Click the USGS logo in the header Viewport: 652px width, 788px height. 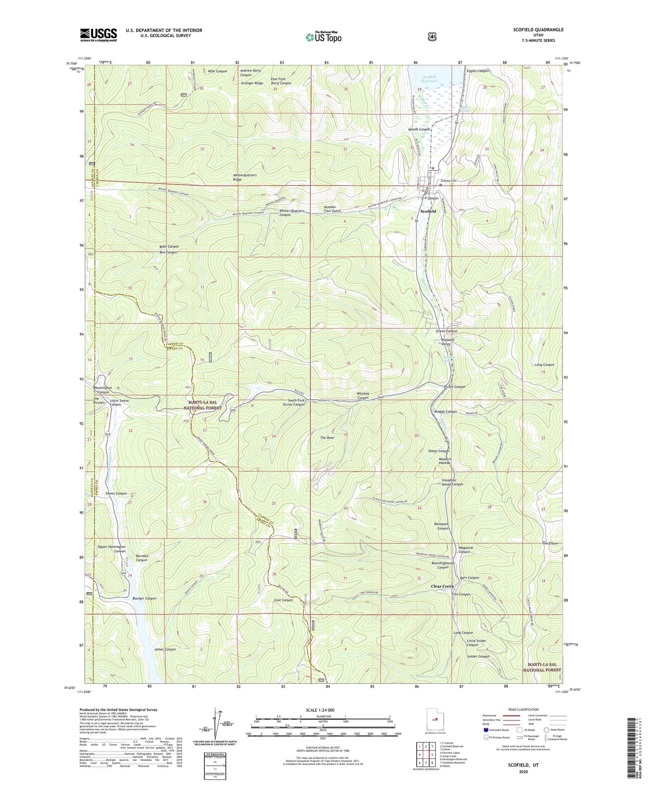pos(98,35)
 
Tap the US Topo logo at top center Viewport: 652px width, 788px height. pos(323,37)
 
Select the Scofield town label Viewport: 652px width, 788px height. pos(428,211)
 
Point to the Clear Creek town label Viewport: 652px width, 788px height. pos(442,586)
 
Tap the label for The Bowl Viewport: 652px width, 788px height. pos(327,438)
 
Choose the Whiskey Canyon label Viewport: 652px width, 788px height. pos(363,396)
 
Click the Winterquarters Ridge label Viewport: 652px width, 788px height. pos(245,177)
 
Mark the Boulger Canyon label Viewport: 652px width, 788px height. pos(144,598)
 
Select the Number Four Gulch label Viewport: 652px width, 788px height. pos(332,209)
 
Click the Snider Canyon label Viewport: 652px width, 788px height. pos(478,657)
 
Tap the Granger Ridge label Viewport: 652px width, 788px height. pos(252,83)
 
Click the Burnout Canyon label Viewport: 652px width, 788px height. pos(142,558)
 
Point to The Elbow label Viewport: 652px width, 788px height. pos(549,544)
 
